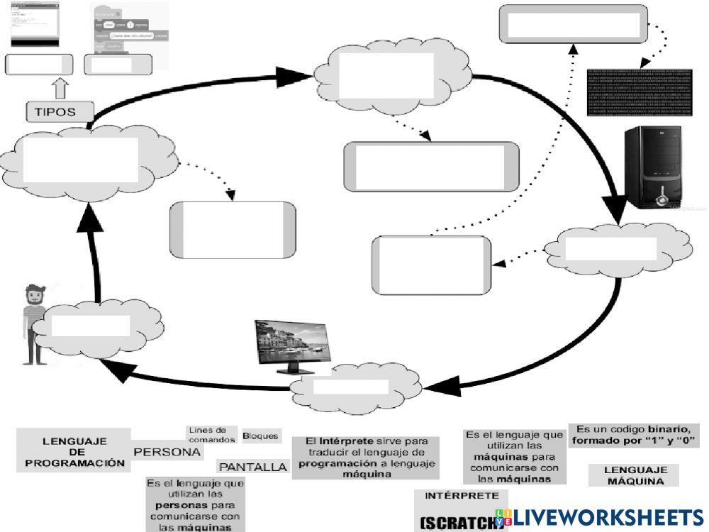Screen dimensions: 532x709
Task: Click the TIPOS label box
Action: (x=60, y=111)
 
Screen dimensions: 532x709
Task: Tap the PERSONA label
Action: (x=167, y=452)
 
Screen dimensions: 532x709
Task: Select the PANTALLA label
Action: (x=253, y=467)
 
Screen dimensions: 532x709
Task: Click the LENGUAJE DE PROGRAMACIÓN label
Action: (x=74, y=451)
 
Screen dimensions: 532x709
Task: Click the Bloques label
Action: (x=260, y=436)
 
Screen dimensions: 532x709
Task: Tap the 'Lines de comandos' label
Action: (x=208, y=435)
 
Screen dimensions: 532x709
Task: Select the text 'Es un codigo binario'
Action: (x=634, y=435)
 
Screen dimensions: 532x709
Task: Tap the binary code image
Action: (x=638, y=92)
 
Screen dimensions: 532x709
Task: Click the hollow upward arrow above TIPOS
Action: (x=60, y=87)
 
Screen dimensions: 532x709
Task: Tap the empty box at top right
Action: (x=573, y=23)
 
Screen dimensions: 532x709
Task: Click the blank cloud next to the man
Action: (x=90, y=326)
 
